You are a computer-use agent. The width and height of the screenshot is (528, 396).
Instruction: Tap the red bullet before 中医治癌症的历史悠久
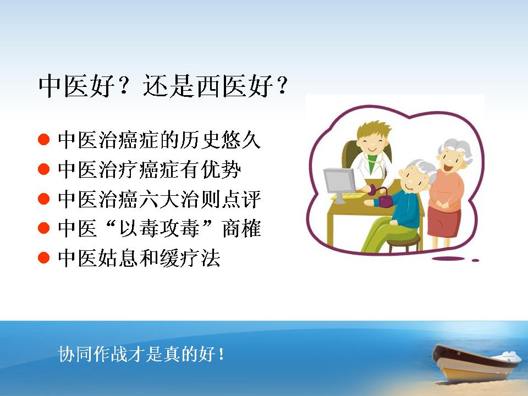tap(44, 139)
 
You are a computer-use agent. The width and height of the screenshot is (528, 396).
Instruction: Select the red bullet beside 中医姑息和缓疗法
tap(44, 258)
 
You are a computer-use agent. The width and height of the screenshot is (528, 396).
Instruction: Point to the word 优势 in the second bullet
tap(221, 169)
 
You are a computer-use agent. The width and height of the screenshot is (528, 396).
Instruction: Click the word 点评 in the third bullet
tap(241, 199)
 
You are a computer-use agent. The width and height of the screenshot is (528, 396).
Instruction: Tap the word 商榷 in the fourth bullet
tap(241, 228)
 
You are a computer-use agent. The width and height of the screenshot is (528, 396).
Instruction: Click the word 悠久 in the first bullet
tap(241, 140)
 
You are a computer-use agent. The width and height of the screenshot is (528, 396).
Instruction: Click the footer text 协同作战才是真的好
tap(136, 354)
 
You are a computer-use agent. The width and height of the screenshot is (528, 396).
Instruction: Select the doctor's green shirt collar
tap(371, 161)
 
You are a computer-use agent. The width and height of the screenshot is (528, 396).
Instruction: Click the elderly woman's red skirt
tap(444, 222)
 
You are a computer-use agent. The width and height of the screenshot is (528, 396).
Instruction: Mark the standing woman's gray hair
tap(457, 148)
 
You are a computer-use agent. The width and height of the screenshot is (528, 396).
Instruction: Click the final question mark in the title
tap(281, 85)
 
